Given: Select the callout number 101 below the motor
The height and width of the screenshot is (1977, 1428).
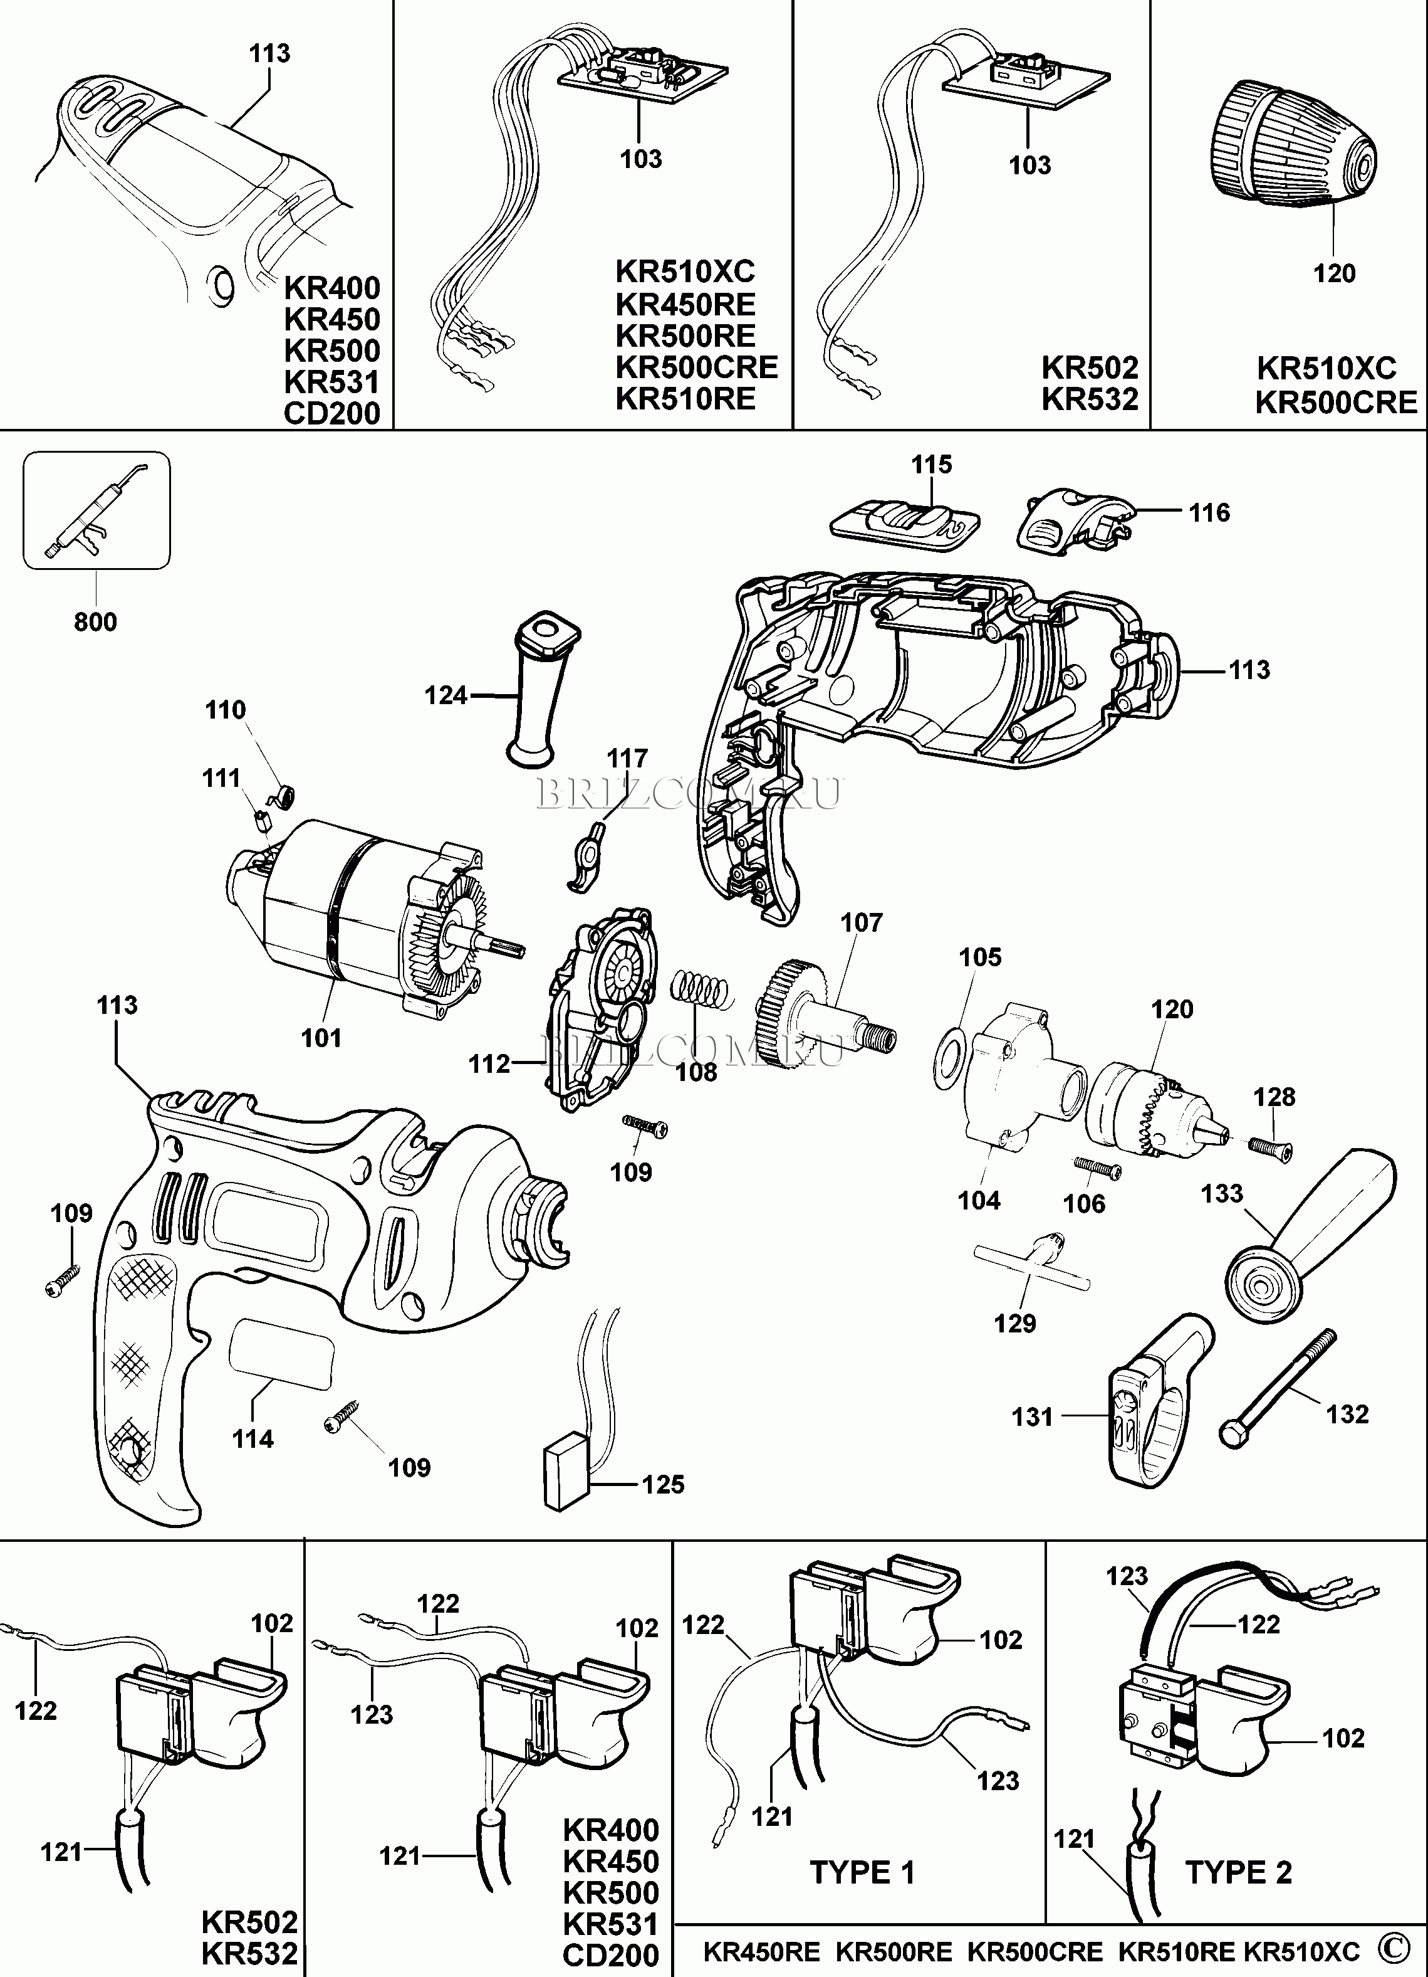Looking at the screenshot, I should (321, 1038).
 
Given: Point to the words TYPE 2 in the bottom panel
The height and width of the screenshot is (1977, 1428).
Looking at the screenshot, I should (1238, 1872).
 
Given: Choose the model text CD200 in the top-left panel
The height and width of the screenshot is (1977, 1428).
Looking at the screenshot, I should (332, 413).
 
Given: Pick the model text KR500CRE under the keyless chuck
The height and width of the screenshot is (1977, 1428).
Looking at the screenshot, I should (1336, 403).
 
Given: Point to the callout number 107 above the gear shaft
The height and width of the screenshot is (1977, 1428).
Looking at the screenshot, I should (861, 922).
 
